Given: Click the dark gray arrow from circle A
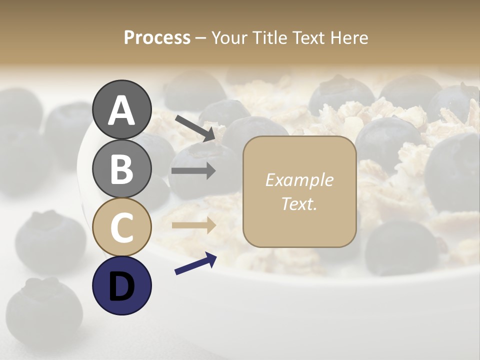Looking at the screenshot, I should [195, 127].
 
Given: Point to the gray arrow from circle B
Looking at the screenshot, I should [193, 171].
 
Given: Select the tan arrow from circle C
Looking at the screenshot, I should [193, 225].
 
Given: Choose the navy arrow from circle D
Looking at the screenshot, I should [195, 263].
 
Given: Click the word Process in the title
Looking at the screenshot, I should [157, 38].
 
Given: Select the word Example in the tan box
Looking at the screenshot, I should [299, 180].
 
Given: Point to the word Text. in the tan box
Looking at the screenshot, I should [299, 204].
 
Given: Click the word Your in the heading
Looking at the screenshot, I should [228, 38].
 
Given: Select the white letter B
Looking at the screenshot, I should [121, 169].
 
